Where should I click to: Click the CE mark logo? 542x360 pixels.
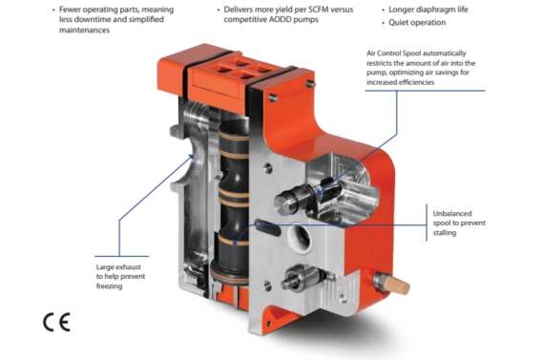[56, 322]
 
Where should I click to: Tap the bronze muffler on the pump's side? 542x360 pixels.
[398, 285]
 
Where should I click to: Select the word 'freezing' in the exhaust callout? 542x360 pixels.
[109, 286]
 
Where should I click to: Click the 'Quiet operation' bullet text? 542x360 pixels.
[417, 23]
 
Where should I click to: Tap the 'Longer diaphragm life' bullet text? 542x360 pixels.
[428, 10]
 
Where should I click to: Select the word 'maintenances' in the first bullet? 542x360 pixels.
[84, 31]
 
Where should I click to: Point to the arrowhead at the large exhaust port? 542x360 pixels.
[191, 158]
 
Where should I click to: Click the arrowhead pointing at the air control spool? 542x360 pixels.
[320, 191]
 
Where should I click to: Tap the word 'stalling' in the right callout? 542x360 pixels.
[445, 233]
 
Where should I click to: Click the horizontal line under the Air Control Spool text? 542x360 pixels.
[425, 91]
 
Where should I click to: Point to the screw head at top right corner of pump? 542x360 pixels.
[311, 83]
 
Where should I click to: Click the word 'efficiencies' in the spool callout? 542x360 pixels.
[417, 82]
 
